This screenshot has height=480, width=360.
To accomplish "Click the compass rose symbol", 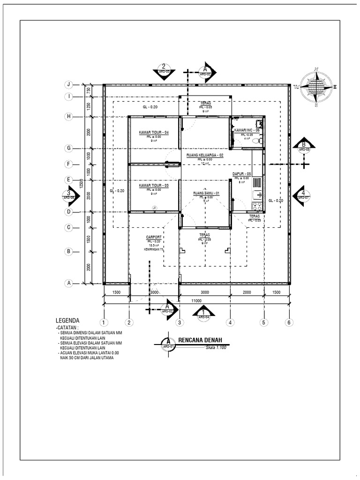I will [x=316, y=87].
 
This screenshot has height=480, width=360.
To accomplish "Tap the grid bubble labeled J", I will [x=68, y=84].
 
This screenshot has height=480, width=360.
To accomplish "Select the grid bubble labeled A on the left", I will [x=68, y=283].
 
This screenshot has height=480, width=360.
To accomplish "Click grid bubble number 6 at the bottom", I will [x=289, y=322].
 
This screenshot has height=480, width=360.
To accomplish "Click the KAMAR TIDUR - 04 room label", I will [x=153, y=133].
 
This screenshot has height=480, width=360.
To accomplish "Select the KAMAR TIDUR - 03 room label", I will [x=153, y=186].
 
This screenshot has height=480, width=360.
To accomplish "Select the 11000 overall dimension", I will [x=195, y=301].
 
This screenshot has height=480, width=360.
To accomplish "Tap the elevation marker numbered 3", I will [x=68, y=195].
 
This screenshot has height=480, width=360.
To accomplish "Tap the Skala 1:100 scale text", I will [x=216, y=348].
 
